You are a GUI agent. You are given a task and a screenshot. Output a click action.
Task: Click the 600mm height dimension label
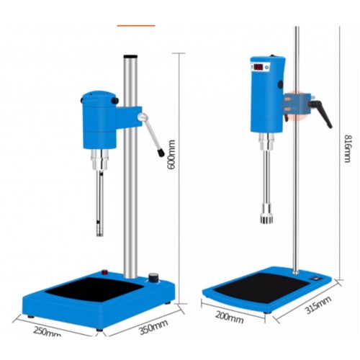171,155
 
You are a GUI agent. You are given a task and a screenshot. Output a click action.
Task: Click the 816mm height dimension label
348,148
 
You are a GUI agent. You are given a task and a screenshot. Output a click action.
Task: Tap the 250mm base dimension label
48,331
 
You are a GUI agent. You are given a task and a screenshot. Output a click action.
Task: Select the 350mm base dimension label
153,327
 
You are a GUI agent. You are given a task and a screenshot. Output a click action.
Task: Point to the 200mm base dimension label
229,318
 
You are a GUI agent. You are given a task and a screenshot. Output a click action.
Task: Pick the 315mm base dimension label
318,305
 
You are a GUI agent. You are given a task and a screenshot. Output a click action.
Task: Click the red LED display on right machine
258,67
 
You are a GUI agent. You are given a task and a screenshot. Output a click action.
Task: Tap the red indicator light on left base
104,272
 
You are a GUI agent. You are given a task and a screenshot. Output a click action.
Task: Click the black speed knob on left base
153,278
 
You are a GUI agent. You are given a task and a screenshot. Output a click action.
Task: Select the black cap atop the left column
130,56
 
